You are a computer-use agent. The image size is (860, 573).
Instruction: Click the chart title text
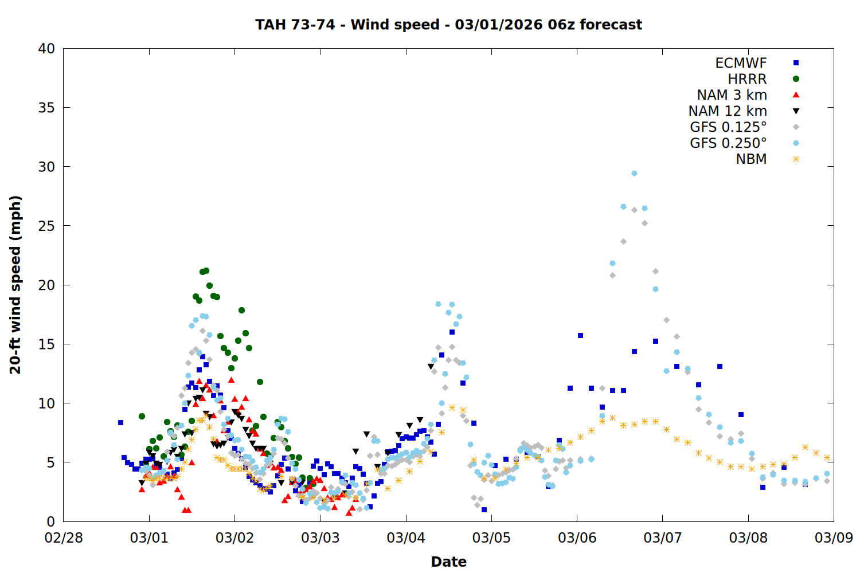coord(448,25)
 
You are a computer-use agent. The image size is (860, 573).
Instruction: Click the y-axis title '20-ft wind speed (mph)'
coord(15,285)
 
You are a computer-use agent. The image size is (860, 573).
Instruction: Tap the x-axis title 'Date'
coord(448,562)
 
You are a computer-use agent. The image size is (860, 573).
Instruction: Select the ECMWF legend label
coord(741,63)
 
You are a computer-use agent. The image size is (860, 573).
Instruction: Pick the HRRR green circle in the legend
coord(796,79)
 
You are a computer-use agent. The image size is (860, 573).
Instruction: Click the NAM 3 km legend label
coord(732,95)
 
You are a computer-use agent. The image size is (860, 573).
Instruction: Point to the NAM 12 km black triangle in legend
coord(796,111)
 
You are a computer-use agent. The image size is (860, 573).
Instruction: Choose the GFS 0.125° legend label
coord(728,127)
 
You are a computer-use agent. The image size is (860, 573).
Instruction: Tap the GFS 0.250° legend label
coord(728,143)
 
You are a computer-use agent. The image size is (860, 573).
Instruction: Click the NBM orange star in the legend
coord(796,159)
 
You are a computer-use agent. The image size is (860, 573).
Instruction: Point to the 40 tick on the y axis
coord(46,49)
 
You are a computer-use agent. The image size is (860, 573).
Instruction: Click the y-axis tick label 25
coord(46,226)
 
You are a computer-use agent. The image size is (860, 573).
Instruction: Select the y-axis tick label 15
coord(46,344)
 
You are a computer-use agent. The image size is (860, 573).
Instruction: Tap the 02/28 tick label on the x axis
coord(64,538)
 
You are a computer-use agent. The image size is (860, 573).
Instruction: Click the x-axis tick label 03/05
coord(491,538)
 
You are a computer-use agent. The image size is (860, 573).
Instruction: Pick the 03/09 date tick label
coord(834,538)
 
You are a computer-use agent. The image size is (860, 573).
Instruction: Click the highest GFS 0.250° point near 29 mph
coord(634,173)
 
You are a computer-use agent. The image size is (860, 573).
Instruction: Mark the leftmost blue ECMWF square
coord(120,422)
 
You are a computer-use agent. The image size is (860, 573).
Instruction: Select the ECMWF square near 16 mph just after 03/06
coord(580,335)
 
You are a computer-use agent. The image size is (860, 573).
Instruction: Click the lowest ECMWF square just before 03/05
coord(484,509)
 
